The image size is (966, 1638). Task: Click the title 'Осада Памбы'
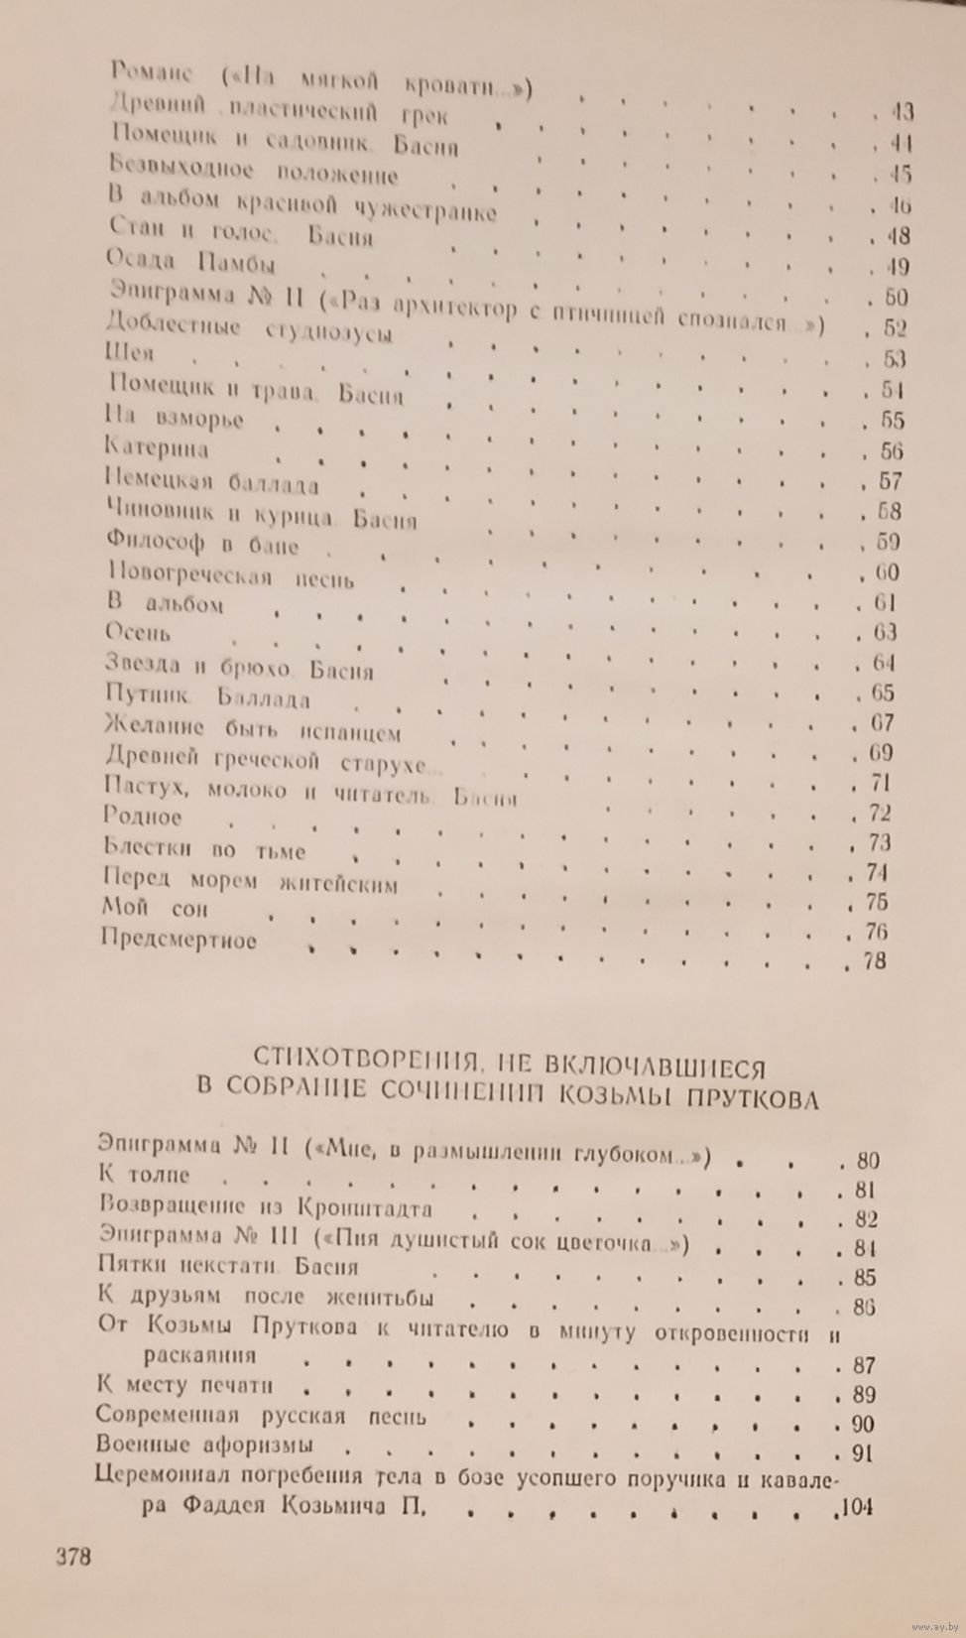[189, 265]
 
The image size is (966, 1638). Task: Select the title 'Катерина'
[157, 449]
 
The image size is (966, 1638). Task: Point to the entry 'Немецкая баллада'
[211, 483]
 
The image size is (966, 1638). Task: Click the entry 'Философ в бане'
[200, 545]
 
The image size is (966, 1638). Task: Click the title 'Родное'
[143, 819]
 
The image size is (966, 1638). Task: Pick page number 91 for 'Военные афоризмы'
[861, 1454]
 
